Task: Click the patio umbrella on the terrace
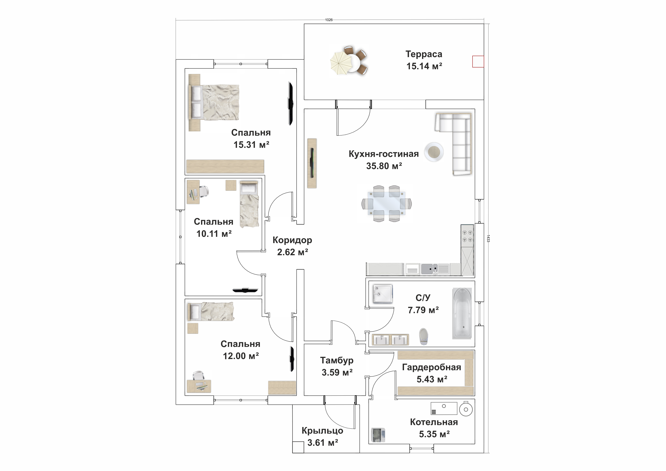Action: click(x=341, y=63)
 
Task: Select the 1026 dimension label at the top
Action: click(x=329, y=20)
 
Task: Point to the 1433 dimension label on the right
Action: click(x=488, y=238)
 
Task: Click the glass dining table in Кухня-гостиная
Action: click(x=386, y=203)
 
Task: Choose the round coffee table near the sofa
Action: click(x=434, y=151)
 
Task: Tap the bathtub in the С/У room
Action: click(x=462, y=313)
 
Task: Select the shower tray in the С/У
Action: click(x=383, y=294)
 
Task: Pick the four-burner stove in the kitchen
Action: click(x=467, y=236)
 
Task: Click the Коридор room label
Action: click(x=292, y=240)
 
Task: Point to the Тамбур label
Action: click(x=337, y=360)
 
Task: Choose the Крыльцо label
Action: click(x=322, y=431)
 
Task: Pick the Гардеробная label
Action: click(x=431, y=367)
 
